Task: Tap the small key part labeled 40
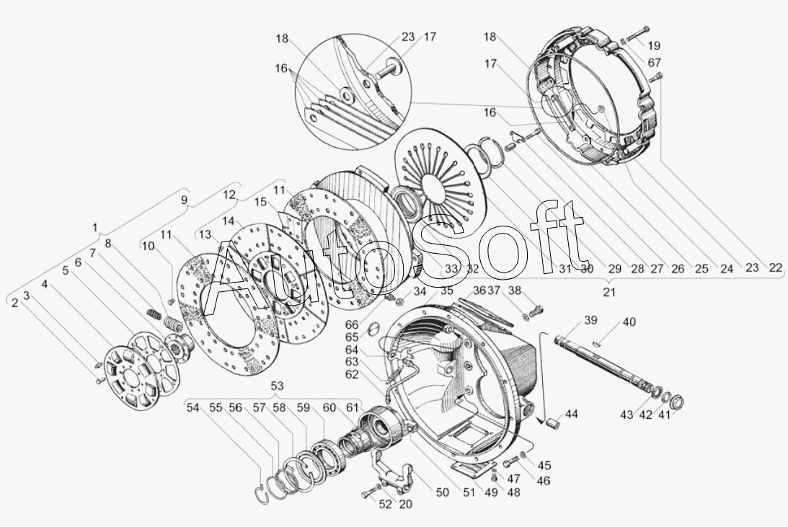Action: (x=596, y=344)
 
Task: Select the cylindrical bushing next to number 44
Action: (x=554, y=420)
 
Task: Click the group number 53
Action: (x=277, y=386)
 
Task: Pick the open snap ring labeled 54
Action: (x=260, y=493)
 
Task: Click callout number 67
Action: (x=654, y=63)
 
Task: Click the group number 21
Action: (x=608, y=292)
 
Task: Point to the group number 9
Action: (x=184, y=200)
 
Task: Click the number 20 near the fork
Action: (x=405, y=505)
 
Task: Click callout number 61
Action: (x=353, y=408)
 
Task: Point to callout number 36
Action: (x=479, y=291)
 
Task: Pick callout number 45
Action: (x=545, y=465)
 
